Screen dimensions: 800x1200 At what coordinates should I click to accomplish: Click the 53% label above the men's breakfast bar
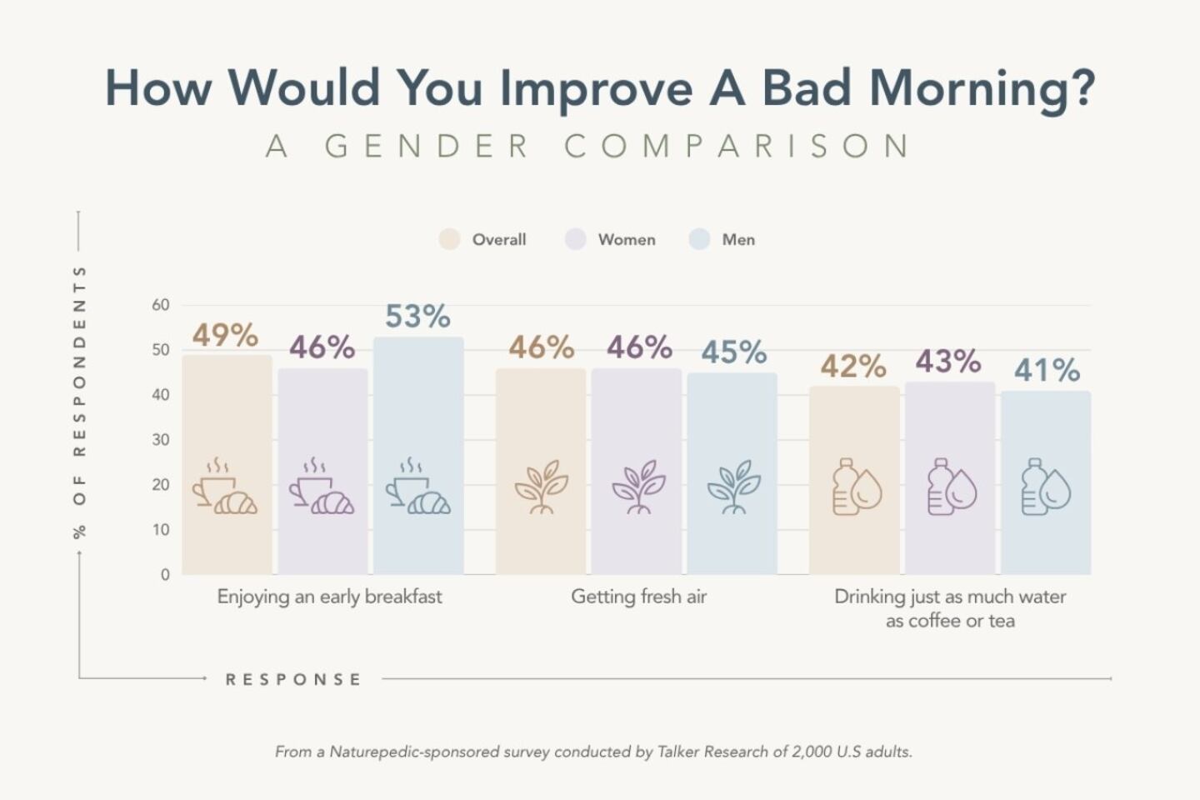[417, 317]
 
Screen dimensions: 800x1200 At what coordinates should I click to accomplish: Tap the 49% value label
[225, 335]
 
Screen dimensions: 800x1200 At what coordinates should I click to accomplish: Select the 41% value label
[1047, 370]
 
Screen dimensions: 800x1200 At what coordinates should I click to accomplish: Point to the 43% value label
[948, 362]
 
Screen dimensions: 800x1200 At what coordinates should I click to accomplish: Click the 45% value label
[733, 352]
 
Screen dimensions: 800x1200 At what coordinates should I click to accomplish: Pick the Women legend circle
[576, 239]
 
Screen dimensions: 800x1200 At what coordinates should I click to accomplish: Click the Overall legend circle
[450, 239]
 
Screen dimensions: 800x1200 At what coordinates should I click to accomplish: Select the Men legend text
[738, 240]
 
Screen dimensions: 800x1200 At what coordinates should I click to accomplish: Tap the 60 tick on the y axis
[161, 305]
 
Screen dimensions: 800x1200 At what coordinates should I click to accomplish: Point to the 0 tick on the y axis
[165, 574]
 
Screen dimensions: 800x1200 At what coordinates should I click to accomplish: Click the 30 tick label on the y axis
[161, 440]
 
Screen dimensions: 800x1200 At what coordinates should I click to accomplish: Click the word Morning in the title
[982, 88]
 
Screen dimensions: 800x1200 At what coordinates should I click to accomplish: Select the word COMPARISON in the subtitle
[737, 147]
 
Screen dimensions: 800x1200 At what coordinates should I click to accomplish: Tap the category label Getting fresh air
[638, 597]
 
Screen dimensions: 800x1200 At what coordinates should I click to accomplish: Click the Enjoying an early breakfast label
[329, 597]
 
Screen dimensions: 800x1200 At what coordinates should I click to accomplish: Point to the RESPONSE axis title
[293, 680]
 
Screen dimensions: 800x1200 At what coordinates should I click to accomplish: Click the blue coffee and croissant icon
[417, 487]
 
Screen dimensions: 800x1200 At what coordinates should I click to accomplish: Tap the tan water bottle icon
[857, 487]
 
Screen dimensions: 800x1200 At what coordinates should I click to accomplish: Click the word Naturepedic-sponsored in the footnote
[415, 752]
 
